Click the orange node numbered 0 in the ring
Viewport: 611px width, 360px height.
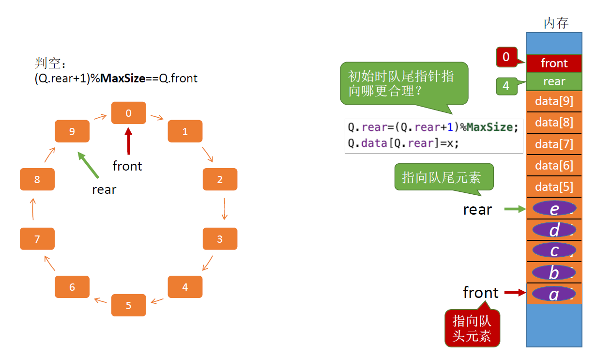[128, 113]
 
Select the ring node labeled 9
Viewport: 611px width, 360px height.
[72, 131]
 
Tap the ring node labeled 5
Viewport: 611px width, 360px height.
[128, 305]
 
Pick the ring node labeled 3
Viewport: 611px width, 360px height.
[220, 239]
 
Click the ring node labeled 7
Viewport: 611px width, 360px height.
[37, 239]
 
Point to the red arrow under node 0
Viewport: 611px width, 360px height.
[128, 141]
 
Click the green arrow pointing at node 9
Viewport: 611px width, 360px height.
[89, 165]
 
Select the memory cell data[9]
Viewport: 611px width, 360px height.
[554, 101]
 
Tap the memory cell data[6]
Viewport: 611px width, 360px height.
[554, 165]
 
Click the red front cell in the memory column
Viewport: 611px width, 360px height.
[554, 63]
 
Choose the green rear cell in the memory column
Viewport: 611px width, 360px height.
[554, 81]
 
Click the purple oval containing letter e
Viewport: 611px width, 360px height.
[554, 208]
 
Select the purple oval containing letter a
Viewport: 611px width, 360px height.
[554, 293]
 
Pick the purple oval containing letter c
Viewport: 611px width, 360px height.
[554, 250]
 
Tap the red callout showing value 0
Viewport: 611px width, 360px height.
[506, 57]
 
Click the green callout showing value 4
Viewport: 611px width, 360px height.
[506, 86]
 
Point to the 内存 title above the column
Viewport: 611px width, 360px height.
[556, 23]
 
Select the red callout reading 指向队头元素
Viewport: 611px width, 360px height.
[472, 328]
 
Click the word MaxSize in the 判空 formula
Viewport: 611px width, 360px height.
[122, 78]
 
